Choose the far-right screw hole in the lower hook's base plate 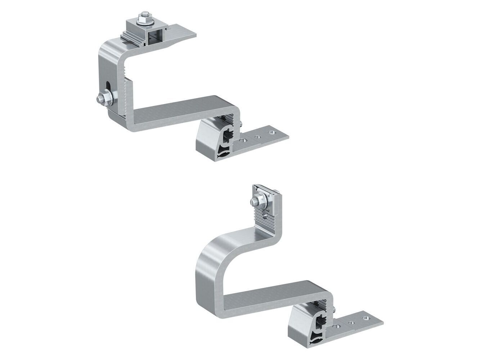point(365,319)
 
